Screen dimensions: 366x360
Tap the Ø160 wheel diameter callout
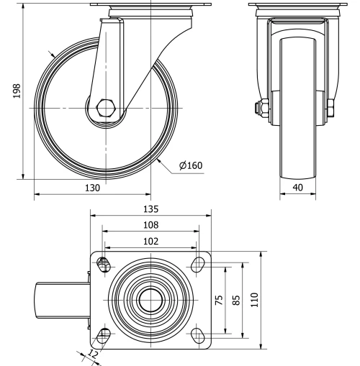tap(191, 165)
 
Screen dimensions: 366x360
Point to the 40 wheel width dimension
tap(297, 188)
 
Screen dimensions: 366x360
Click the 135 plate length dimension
tap(150, 210)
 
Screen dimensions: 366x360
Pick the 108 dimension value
tap(150, 225)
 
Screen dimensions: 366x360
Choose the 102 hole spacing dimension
tap(150, 242)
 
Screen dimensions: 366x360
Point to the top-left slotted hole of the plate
tap(104, 265)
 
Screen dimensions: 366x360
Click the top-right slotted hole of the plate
tap(196, 265)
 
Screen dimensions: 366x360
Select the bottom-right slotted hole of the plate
tap(196, 334)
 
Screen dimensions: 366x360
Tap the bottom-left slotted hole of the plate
tap(104, 334)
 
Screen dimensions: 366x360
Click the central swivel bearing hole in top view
tap(150, 299)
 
